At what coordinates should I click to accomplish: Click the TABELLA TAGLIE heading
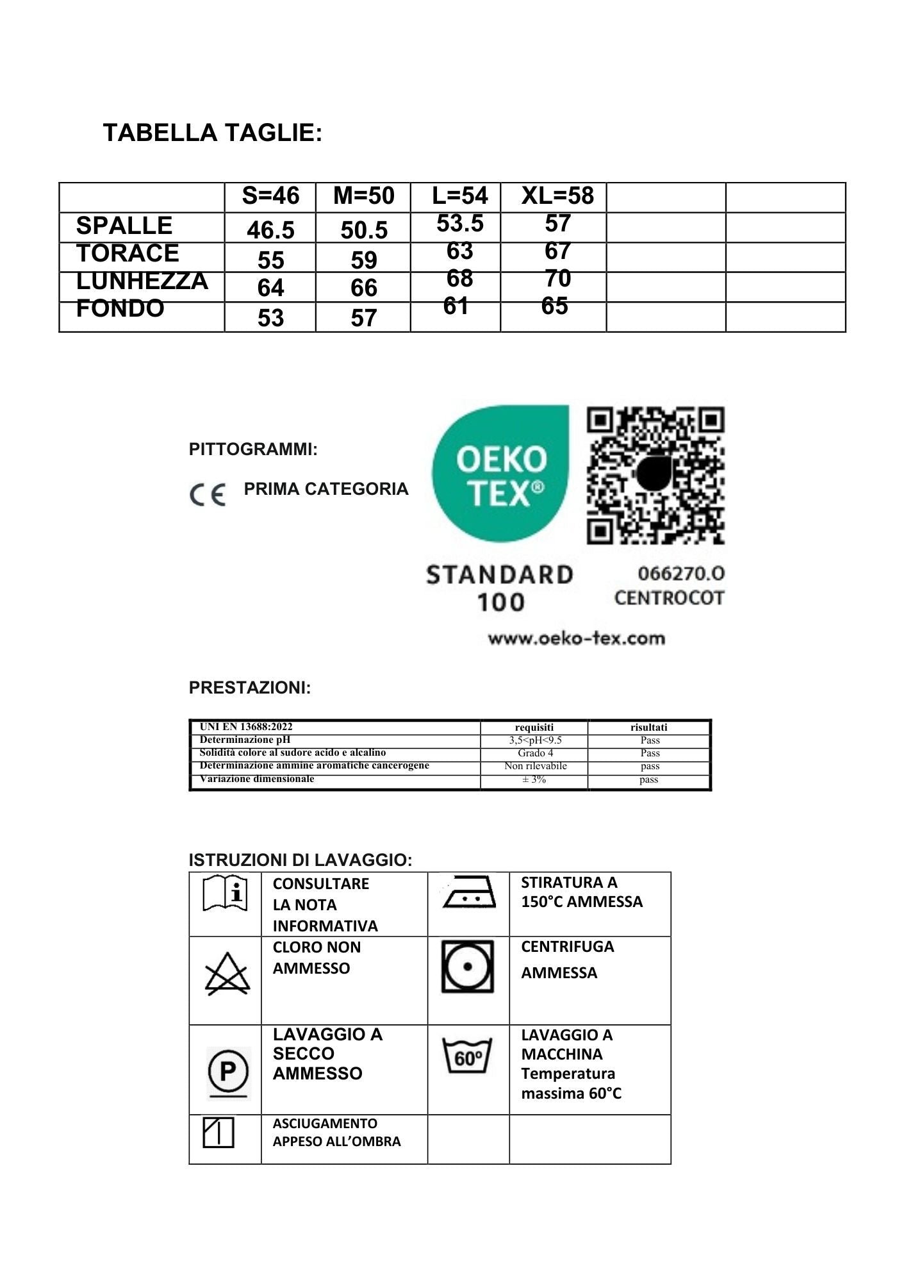pos(213,133)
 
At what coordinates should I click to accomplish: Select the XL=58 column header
pos(557,196)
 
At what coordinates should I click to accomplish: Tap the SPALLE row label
pos(124,226)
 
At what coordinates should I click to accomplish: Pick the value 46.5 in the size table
pos(270,229)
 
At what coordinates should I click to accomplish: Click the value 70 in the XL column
pos(557,278)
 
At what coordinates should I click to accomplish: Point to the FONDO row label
pos(120,308)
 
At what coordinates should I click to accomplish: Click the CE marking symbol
pos(208,495)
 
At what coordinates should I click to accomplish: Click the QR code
pos(655,475)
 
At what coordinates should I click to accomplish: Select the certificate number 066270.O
pos(672,573)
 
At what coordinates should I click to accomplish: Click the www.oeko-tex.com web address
pos(576,638)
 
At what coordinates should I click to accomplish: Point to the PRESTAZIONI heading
pos(250,688)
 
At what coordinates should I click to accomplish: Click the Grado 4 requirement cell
pos(535,753)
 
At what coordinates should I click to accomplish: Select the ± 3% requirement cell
pos(534,779)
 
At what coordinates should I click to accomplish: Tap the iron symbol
pos(469,892)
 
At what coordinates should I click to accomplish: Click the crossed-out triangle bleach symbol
pos(227,974)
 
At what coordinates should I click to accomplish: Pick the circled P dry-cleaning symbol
pos(228,1070)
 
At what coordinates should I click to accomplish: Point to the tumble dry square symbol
pos(468,967)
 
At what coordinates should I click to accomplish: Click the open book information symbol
pos(225,892)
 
